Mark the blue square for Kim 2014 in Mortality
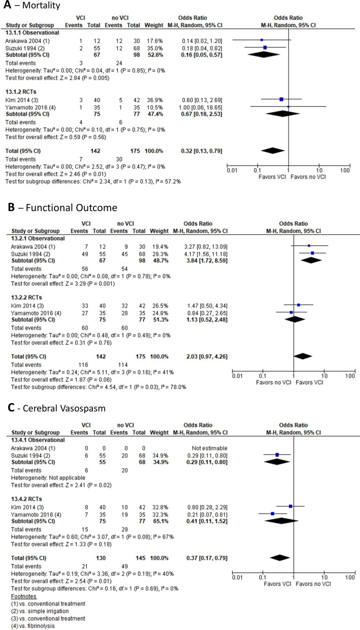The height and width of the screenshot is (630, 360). (x=281, y=100)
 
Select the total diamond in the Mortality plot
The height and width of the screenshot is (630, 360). (x=273, y=150)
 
